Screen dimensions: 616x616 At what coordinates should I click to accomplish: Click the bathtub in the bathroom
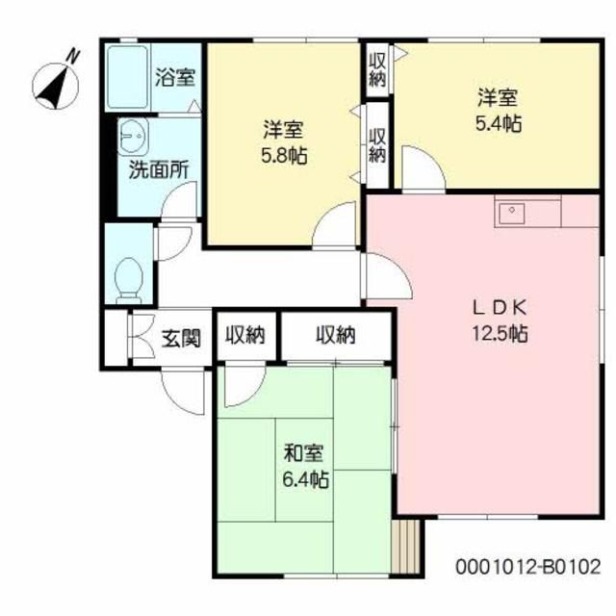coord(127,76)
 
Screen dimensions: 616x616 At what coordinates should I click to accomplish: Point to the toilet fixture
coord(128,275)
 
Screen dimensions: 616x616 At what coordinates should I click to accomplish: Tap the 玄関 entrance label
coord(180,338)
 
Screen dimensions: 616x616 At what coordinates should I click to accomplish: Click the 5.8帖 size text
coord(283,155)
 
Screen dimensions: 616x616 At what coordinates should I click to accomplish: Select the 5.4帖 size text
coord(499,123)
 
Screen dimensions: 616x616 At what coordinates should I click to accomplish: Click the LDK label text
coord(499,308)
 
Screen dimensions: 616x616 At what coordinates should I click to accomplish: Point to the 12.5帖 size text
coord(499,334)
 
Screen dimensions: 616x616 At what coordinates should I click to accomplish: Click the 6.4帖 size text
coord(303,478)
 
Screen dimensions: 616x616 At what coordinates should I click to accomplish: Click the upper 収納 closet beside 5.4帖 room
coord(377,69)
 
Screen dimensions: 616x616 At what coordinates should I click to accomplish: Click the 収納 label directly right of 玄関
coord(245,335)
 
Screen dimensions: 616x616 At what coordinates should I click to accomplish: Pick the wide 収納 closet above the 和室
coord(335,335)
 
